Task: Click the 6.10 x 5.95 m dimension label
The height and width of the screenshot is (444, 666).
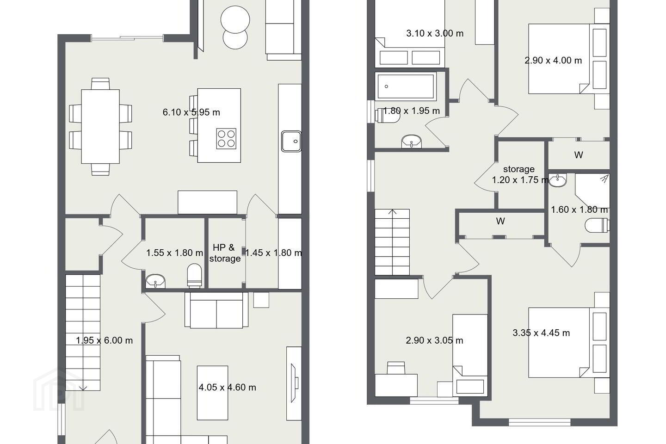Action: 191,112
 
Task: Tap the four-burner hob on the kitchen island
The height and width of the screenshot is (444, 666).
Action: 226,139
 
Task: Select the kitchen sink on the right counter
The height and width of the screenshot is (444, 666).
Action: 291,141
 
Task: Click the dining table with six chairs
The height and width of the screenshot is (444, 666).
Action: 100,127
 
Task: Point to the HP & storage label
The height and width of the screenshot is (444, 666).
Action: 225,253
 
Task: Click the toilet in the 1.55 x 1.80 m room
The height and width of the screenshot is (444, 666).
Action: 194,276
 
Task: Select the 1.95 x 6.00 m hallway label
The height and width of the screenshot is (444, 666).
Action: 105,340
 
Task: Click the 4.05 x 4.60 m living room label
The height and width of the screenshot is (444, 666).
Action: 228,388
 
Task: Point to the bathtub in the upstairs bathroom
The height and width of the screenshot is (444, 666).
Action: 406,86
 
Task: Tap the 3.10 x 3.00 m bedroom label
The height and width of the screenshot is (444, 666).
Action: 435,33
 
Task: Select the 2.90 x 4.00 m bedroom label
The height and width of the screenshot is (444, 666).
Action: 553,61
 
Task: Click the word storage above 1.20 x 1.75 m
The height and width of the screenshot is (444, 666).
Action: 519,169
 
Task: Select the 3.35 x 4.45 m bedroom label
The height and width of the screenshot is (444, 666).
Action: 541,333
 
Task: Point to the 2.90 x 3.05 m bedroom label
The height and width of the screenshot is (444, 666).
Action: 434,340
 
